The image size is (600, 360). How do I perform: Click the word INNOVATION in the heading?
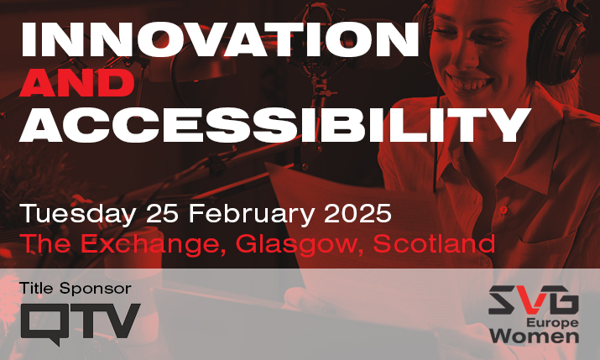click(x=220, y=39)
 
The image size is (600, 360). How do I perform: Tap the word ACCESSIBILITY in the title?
click(x=275, y=125)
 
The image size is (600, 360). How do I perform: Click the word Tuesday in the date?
click(x=78, y=214)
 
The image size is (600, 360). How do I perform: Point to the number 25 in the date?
click(x=162, y=213)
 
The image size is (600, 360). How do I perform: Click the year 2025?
click(x=357, y=213)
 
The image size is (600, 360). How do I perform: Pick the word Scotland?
click(x=434, y=243)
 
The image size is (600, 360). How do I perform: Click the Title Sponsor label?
click(x=76, y=289)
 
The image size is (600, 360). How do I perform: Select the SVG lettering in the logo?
click(x=534, y=300)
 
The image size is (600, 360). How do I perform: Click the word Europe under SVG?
click(x=552, y=323)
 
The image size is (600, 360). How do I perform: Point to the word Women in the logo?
click(x=535, y=337)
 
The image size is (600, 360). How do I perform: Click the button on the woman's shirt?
click(x=503, y=209)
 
